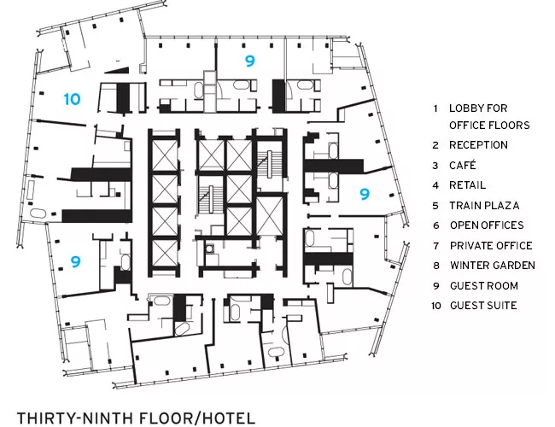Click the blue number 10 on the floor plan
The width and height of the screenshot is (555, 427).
[73, 99]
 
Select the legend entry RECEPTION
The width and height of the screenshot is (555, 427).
[478, 145]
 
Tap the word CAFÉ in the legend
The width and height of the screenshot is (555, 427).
[463, 166]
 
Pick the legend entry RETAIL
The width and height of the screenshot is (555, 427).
[467, 185]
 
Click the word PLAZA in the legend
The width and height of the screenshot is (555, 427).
[502, 206]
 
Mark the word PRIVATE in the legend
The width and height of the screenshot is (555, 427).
[470, 246]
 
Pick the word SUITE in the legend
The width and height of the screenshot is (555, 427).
[502, 305]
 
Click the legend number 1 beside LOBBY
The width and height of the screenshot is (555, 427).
[435, 108]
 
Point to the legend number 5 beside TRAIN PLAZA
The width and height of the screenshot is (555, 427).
[435, 206]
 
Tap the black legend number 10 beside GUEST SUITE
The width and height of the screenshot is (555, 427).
[436, 306]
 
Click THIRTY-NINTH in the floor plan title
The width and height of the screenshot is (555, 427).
[74, 418]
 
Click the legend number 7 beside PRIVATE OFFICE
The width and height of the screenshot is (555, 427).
[436, 246]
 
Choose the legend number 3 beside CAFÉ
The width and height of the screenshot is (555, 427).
[435, 166]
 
